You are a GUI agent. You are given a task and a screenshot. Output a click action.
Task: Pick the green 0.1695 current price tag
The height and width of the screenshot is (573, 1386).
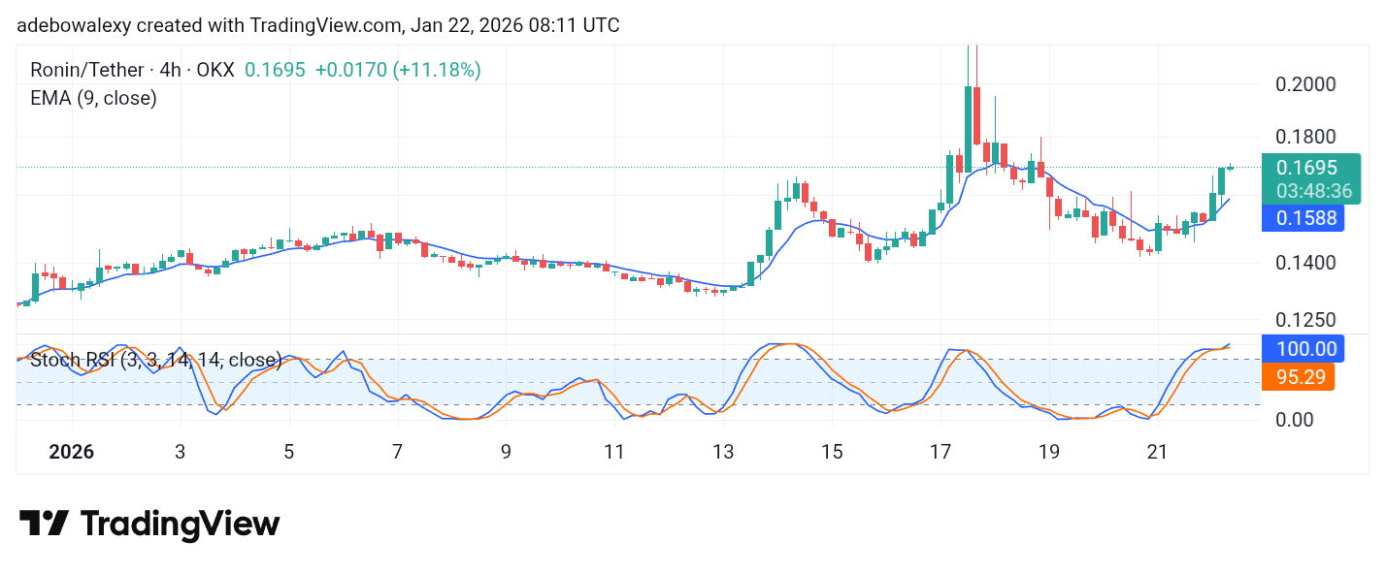coord(1307,168)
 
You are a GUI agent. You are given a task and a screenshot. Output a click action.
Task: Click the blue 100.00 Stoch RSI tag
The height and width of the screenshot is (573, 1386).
coord(1300,349)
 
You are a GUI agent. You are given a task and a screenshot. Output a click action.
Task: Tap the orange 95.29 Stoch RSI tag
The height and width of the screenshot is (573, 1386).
coord(1300,376)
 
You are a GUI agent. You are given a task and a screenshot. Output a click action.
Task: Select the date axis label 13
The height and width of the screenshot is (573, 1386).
coord(722,452)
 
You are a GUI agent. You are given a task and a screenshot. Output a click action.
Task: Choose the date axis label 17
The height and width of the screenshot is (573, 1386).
coord(940,452)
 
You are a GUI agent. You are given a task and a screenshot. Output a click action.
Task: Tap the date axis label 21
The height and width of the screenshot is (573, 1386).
coord(1157,452)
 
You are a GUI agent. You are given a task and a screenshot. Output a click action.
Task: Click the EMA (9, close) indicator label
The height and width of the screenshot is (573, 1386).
coord(93,98)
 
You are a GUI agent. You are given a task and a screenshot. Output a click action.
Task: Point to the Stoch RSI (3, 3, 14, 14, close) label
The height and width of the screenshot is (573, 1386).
coord(156,361)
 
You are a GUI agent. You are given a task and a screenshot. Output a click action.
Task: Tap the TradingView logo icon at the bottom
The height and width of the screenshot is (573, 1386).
coord(44,525)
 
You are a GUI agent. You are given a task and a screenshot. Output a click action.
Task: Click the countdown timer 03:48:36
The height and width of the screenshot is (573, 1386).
coord(1307,191)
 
